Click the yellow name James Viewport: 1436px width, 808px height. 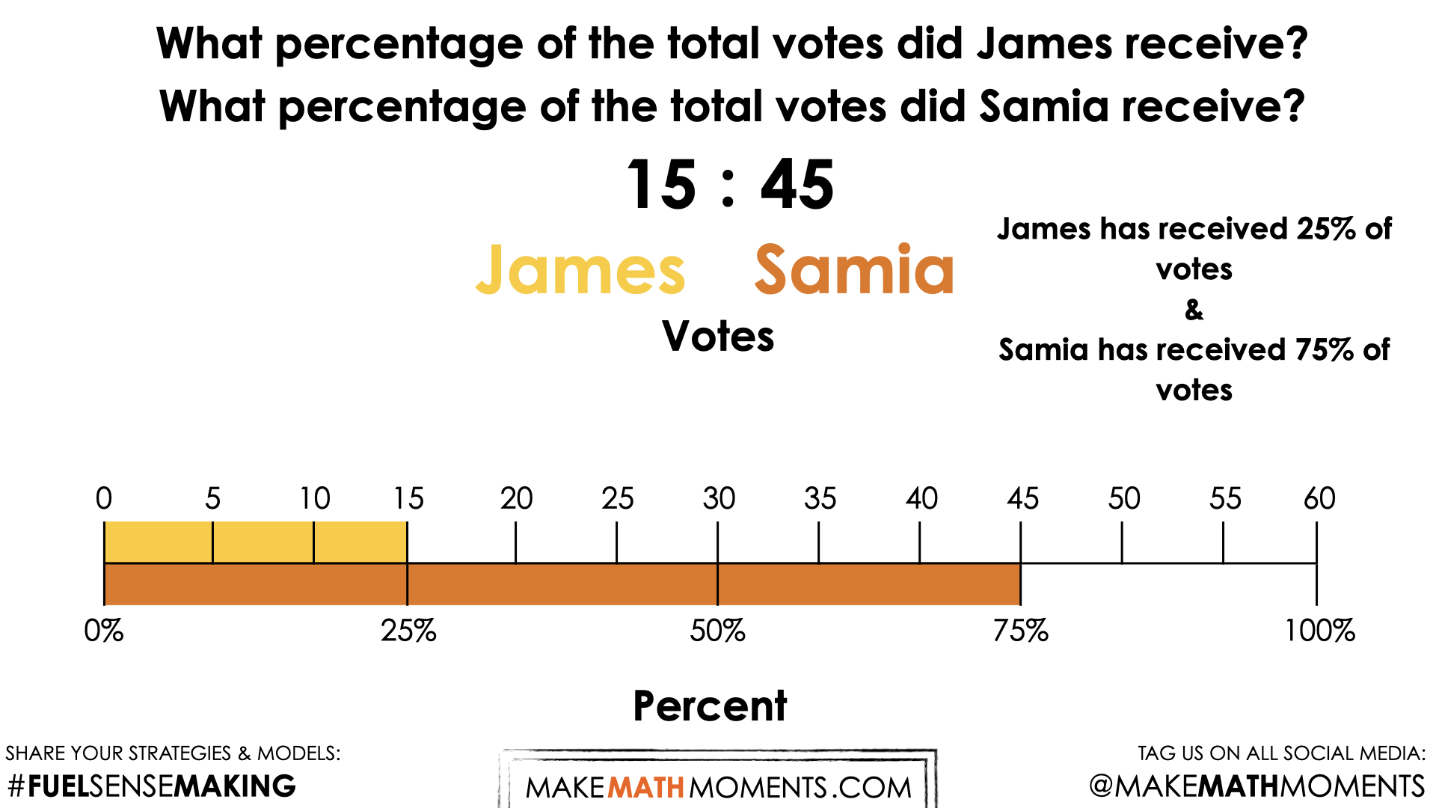click(580, 271)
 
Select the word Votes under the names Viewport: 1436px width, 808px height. click(718, 336)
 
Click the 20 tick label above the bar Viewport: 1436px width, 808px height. click(516, 498)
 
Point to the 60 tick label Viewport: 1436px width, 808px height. click(1319, 498)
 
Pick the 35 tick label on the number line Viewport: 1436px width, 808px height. click(820, 498)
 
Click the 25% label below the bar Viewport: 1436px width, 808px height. click(408, 631)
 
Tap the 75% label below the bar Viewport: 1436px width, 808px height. click(1020, 631)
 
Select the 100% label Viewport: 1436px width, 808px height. click(1319, 631)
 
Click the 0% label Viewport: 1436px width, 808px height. click(104, 631)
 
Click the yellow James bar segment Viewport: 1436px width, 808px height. click(254, 542)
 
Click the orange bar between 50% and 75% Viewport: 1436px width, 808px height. click(868, 584)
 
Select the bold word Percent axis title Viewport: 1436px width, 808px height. click(710, 706)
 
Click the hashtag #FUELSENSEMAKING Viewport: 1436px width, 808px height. click(152, 786)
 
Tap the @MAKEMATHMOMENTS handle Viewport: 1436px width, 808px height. click(1256, 786)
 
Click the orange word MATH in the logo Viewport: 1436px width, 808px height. click(645, 788)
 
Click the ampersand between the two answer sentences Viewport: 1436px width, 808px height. click(1194, 309)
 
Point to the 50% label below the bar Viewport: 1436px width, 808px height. click(717, 631)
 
